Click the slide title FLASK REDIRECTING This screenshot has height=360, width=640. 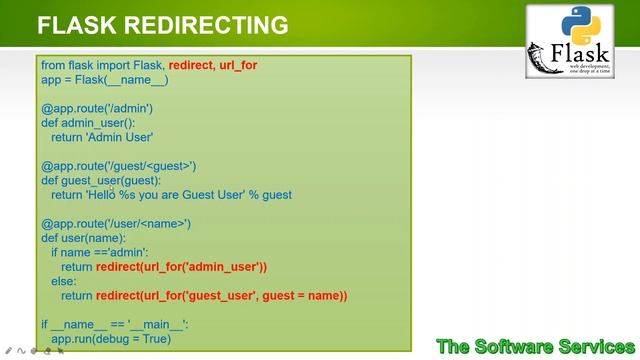[162, 25]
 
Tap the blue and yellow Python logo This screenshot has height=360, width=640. [582, 23]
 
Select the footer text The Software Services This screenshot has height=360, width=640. [535, 346]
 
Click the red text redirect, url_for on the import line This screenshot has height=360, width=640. [212, 65]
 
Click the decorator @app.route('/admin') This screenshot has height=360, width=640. [96, 108]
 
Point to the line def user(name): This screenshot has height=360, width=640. [83, 238]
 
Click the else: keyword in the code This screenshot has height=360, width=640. [62, 282]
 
